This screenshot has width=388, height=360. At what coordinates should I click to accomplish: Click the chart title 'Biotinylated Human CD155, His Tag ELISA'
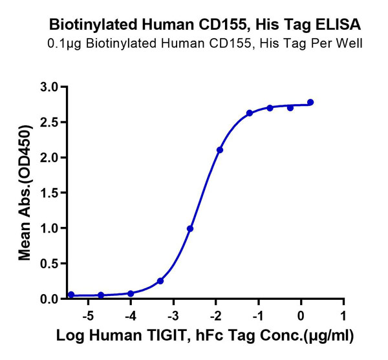point(205,25)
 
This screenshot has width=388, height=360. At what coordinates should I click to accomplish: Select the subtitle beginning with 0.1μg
point(205,44)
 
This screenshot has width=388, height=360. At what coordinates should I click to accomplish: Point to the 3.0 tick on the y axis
point(49,87)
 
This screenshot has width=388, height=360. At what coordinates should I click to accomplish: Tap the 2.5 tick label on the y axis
point(49,122)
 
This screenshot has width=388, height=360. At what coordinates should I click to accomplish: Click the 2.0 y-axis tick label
point(49,158)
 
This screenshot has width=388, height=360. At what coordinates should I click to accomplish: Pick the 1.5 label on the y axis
point(49,193)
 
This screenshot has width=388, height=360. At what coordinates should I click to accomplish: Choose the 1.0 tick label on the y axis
point(49,228)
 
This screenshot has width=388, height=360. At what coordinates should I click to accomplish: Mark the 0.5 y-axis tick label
point(49,264)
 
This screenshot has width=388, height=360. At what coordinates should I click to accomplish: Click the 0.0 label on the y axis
point(49,299)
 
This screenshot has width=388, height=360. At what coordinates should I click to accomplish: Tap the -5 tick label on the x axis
point(89,316)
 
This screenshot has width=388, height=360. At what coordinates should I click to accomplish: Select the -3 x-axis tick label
point(173,316)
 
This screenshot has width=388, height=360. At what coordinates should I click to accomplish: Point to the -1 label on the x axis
point(257,316)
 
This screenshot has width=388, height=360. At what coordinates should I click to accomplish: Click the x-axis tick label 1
point(343,316)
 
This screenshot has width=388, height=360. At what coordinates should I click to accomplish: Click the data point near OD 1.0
point(190,229)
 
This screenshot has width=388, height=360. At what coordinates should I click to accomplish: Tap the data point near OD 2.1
point(220,150)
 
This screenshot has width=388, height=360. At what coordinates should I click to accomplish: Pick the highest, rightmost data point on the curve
point(310,102)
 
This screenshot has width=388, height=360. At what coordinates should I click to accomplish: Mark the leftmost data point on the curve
point(71,295)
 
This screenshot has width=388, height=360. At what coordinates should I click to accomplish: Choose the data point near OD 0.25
point(160,281)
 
